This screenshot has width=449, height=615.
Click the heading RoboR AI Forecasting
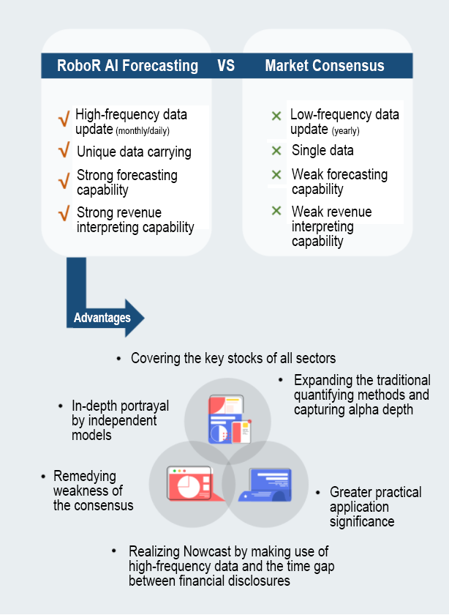coord(127,66)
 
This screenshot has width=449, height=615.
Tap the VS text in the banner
coord(226,66)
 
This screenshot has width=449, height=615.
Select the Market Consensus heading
coord(325,66)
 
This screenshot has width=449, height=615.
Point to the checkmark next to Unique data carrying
coord(64,152)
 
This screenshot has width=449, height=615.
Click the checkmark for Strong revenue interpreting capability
coord(64,214)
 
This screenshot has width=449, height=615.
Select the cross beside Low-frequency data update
coord(276,116)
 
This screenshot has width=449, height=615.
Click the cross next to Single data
coord(276,150)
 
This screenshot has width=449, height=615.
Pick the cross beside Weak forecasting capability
coord(276,175)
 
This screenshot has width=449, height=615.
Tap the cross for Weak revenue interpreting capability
coord(276,211)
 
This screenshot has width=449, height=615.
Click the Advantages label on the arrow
coord(102,318)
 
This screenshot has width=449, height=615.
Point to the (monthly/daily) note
coord(151,130)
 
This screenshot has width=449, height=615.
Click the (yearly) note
coord(345,132)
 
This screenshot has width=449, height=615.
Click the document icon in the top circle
coord(227,420)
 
